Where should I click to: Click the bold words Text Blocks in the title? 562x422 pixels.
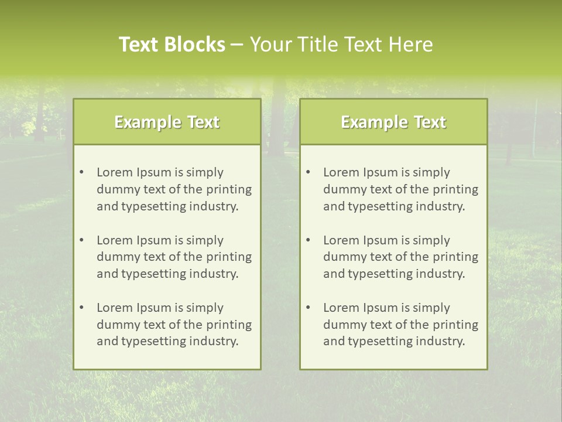[172, 45]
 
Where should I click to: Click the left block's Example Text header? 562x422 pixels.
[167, 122]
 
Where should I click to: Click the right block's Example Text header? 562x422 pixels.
[393, 122]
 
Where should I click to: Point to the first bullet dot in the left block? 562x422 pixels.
[81, 172]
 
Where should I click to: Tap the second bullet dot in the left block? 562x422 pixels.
[81, 240]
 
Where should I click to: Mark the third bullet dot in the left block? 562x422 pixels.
[81, 308]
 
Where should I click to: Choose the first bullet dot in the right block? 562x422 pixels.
[308, 172]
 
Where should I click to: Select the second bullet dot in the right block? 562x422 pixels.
[308, 240]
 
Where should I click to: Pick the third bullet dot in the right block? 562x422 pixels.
[308, 308]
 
